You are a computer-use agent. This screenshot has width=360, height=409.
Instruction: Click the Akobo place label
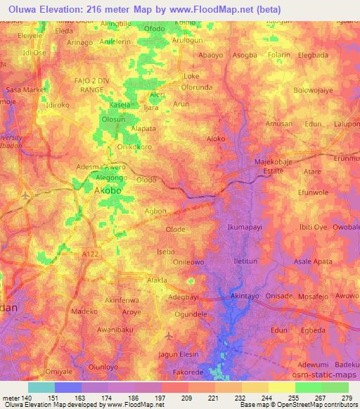108,190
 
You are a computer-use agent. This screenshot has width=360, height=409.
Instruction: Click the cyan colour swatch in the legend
41,387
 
